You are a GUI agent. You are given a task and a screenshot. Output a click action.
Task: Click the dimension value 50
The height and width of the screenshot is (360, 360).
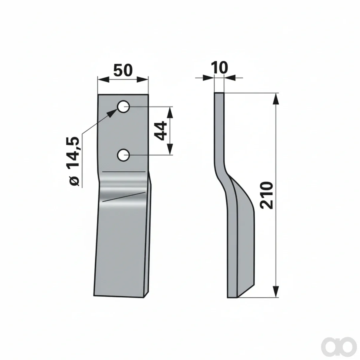coord(123,70)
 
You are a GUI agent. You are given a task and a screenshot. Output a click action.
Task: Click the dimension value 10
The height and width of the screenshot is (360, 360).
coord(219,67)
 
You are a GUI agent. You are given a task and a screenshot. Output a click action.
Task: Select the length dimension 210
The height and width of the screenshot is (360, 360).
coord(267,195)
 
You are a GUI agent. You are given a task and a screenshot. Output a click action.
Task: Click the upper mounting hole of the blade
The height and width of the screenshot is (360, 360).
coord(123,107)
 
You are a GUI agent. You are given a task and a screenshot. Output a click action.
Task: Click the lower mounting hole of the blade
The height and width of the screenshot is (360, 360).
coord(123,155)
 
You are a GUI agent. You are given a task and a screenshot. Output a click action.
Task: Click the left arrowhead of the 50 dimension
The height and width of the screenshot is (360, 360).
coord(103,79)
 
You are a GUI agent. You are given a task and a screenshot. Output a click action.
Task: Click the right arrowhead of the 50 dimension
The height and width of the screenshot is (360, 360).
coord(142,79)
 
